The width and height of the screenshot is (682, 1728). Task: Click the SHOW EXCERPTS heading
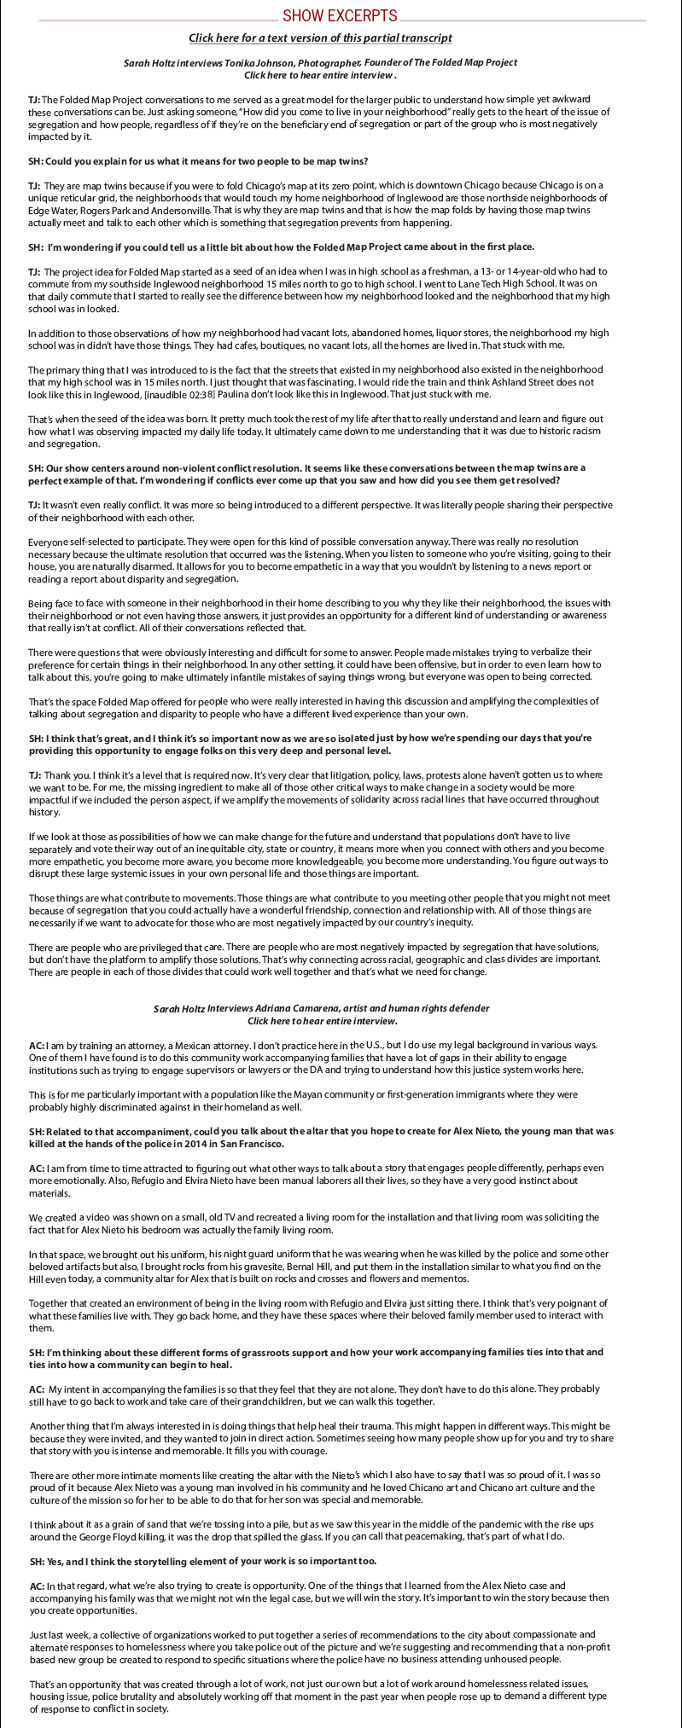pyautogui.click(x=340, y=15)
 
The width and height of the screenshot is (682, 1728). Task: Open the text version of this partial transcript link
pyautogui.click(x=320, y=38)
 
